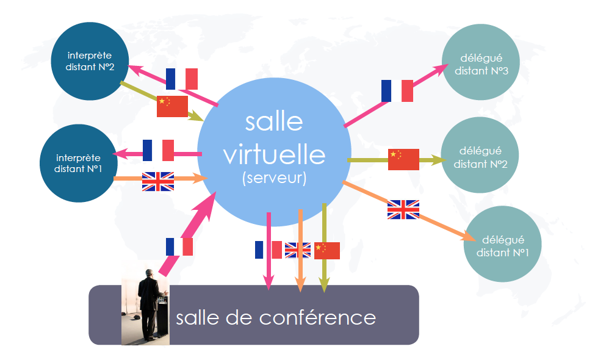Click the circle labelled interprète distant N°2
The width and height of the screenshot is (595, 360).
90,61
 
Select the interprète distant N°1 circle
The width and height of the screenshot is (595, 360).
79,163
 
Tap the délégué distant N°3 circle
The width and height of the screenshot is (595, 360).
481,62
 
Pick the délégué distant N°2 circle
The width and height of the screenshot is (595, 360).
480,155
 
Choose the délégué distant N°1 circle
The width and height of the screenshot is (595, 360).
502,244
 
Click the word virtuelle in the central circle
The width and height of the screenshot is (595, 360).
274,155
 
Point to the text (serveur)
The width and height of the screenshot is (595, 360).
274,178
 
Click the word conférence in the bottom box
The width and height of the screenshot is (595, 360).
317,317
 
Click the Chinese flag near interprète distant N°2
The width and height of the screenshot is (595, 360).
172,106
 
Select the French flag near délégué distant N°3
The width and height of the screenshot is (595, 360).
397,91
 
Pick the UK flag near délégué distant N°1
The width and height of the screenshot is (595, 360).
403,209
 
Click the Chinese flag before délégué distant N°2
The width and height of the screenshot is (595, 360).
403,159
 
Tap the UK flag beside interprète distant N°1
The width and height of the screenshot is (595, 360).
158,181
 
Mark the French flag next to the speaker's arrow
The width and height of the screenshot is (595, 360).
179,247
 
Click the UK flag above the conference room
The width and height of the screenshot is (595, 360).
298,250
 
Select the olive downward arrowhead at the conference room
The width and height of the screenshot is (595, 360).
324,285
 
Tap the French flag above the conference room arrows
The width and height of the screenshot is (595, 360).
269,250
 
